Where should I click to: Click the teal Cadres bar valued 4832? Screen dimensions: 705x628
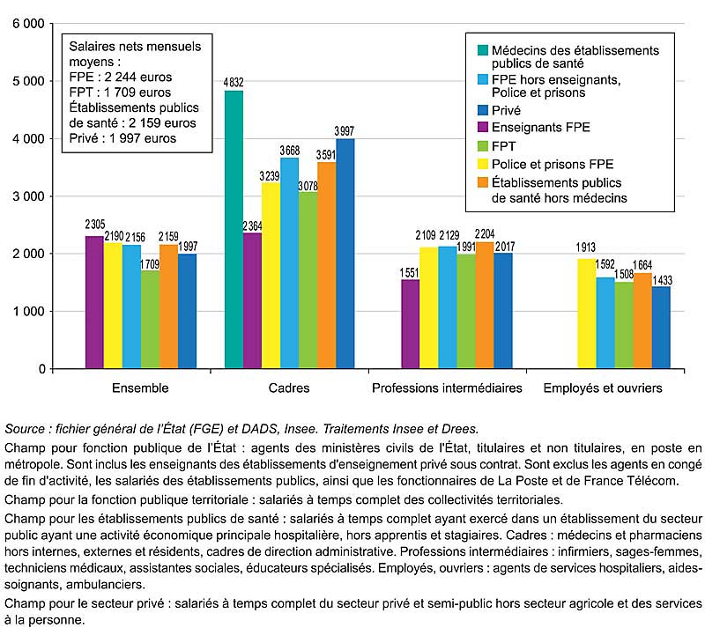coord(234,230)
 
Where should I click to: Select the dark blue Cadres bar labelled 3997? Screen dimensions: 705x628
coord(345,254)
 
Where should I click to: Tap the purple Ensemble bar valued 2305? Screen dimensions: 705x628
coord(94,302)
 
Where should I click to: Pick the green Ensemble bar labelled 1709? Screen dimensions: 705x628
coord(150,320)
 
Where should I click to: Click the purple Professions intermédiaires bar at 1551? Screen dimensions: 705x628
coord(411,324)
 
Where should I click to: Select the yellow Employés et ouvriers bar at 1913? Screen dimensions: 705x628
coord(587,314)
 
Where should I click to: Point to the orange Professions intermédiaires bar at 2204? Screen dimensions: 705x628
coord(485,306)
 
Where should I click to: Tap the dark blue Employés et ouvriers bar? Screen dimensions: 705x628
coord(661,328)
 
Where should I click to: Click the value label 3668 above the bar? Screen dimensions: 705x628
coord(290,151)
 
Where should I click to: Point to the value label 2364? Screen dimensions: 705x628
coord(252,225)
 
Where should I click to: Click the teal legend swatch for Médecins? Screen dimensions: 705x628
coord(483,50)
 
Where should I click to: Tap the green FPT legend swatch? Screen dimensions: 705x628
coord(483,146)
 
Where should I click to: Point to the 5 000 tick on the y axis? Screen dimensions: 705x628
coord(29,81)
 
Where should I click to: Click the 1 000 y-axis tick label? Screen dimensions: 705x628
coord(29,312)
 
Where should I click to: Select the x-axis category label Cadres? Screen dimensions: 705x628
coord(289,388)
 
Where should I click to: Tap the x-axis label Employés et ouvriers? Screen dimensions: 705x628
coord(603,388)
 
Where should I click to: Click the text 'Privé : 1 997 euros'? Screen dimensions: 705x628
coord(122,138)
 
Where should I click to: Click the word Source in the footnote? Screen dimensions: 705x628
coord(25,429)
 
